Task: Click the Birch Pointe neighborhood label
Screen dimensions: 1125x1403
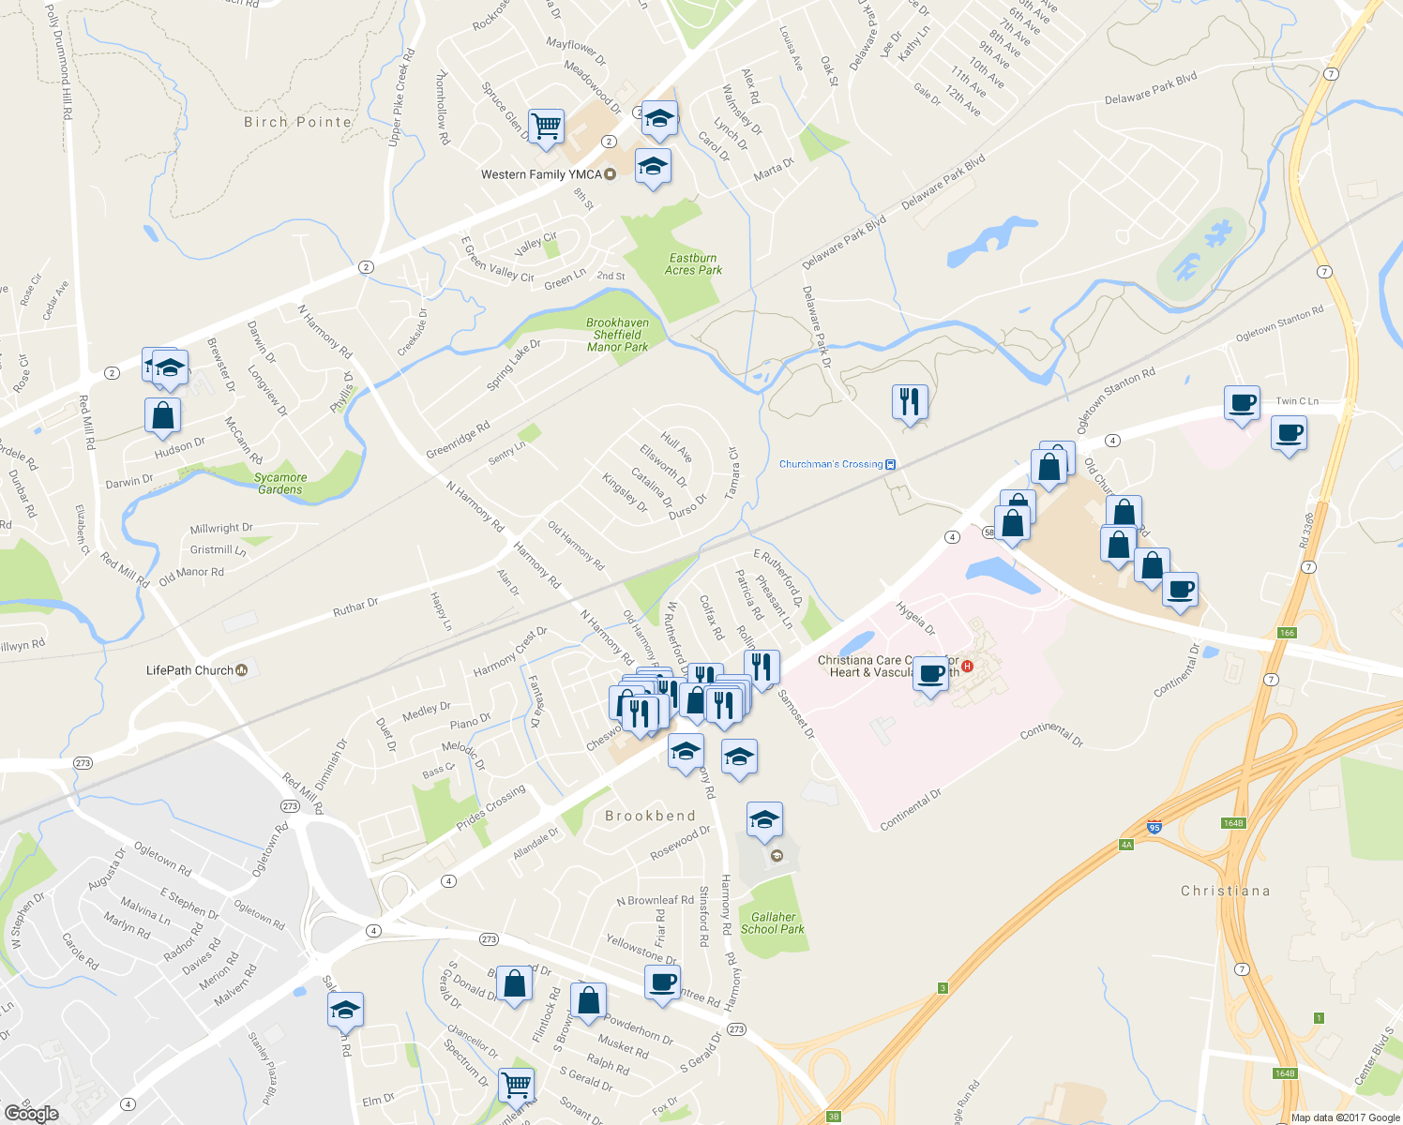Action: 297,122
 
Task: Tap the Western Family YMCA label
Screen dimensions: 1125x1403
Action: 541,174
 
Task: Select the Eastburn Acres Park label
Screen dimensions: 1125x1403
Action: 693,264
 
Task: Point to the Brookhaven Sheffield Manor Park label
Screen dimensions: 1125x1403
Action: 617,335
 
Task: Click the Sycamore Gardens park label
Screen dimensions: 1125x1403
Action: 280,484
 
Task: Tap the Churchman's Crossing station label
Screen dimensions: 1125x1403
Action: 831,464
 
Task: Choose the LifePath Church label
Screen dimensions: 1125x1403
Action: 189,670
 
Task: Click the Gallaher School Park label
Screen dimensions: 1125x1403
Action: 773,923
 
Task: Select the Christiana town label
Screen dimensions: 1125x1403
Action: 1225,891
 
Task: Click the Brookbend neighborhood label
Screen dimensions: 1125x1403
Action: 650,816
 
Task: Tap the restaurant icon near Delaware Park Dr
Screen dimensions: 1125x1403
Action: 909,402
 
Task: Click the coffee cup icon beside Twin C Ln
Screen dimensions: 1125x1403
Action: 1242,403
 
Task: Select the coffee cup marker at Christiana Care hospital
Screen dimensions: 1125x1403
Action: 931,673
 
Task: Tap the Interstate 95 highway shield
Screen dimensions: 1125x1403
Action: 1154,828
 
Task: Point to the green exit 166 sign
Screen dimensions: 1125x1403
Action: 1287,633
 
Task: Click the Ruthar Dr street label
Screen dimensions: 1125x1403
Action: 355,607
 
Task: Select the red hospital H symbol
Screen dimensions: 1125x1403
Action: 968,667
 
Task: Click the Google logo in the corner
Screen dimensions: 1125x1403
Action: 31,1113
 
